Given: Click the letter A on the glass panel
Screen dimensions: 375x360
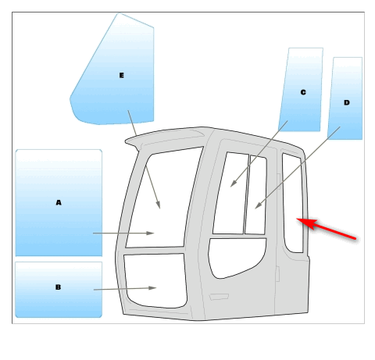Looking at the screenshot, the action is click(59, 202).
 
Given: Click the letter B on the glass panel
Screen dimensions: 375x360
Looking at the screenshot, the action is click(58, 287).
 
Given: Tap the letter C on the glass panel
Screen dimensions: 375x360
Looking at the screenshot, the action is click(303, 92).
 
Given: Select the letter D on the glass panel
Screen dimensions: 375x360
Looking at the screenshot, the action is click(347, 102).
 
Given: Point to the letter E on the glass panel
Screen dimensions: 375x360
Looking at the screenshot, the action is click(121, 75).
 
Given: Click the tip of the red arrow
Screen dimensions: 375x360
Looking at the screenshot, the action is click(297, 219).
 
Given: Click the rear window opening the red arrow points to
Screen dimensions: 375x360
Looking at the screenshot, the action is click(293, 203).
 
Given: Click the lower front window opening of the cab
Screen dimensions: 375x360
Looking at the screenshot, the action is click(155, 281).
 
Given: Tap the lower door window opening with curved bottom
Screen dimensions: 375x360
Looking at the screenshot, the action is click(236, 256).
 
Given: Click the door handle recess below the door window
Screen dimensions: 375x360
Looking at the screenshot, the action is click(219, 297).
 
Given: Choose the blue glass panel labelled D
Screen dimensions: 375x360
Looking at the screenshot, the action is click(345, 98).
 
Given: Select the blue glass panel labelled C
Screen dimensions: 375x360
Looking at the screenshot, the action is click(302, 90).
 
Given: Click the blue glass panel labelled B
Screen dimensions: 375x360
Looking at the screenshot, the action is click(59, 290).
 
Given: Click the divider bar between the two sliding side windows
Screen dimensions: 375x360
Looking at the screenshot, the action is click(246, 194).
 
